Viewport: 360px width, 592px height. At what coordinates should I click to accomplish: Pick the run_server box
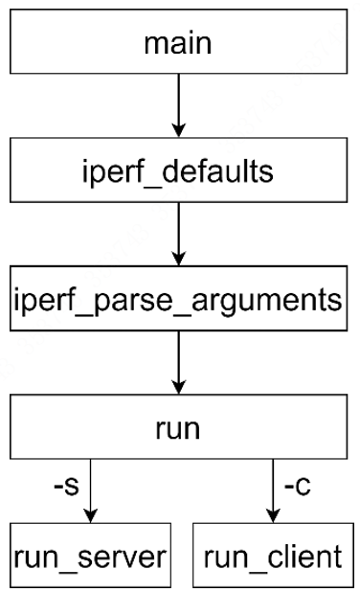pyautogui.click(x=89, y=555)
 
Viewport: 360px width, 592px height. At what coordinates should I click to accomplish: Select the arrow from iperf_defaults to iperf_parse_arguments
pyautogui.click(x=177, y=233)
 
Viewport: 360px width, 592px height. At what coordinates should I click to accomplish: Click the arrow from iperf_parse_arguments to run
pyautogui.click(x=177, y=362)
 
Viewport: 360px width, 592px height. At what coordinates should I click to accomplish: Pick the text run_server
pyautogui.click(x=89, y=555)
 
